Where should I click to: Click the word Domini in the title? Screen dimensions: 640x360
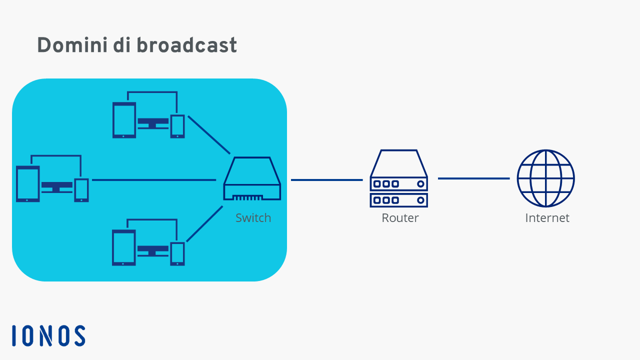click(x=72, y=45)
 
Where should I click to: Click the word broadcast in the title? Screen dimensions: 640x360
click(x=186, y=45)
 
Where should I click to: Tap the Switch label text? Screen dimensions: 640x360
click(x=253, y=218)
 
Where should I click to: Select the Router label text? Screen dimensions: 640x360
click(x=400, y=218)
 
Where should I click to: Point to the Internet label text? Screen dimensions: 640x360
click(x=547, y=218)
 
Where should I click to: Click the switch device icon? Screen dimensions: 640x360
click(x=252, y=178)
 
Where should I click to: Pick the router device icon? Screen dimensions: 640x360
click(x=398, y=178)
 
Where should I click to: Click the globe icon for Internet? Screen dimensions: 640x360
click(x=545, y=178)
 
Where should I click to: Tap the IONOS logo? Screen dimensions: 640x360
click(x=48, y=335)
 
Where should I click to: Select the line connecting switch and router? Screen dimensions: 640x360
click(x=327, y=180)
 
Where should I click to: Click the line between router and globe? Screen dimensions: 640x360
click(x=473, y=178)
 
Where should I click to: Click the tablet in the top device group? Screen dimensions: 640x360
click(x=124, y=120)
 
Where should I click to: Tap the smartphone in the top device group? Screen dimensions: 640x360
click(x=177, y=126)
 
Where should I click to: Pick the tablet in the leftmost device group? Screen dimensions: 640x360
click(x=27, y=184)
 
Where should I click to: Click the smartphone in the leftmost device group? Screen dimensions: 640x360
click(x=81, y=190)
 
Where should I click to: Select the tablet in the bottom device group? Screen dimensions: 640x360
click(x=123, y=247)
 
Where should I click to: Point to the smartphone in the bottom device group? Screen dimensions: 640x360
click(x=177, y=254)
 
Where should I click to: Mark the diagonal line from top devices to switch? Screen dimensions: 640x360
click(x=209, y=135)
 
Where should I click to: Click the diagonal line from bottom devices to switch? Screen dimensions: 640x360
click(x=204, y=224)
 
